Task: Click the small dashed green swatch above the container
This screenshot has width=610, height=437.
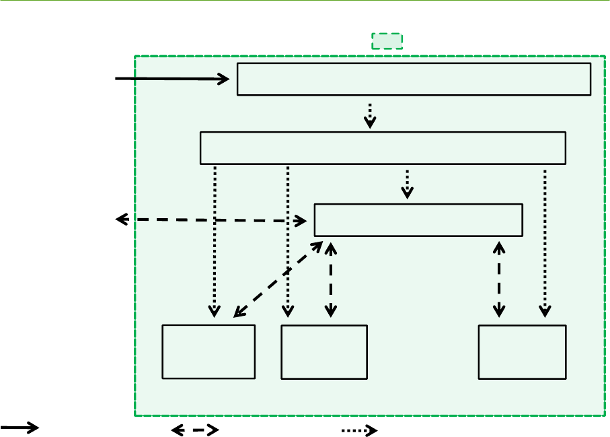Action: point(387,41)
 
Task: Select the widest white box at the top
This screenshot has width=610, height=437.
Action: point(414,79)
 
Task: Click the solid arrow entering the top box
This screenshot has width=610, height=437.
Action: point(172,79)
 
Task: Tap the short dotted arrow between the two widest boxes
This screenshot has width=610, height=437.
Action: point(369,114)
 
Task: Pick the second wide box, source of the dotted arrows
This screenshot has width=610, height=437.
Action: point(383,148)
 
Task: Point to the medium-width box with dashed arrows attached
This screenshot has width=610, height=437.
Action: point(418,220)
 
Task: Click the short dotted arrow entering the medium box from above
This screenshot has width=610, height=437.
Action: point(408,183)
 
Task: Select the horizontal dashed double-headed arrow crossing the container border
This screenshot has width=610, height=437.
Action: point(212,220)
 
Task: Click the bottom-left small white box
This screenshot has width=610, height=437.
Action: point(209,351)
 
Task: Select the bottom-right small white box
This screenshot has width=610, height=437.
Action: point(522,352)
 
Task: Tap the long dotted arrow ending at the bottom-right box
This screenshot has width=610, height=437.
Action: point(545,242)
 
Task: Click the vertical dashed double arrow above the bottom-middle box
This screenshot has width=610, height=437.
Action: point(330,279)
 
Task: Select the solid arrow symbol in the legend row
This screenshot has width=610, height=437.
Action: point(20,428)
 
